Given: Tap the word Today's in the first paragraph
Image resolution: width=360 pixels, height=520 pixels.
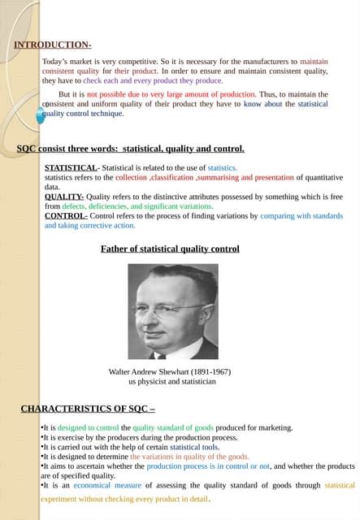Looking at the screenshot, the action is pyautogui.click(x=58, y=61).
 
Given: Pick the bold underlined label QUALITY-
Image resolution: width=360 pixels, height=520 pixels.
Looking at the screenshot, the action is pyautogui.click(x=64, y=197).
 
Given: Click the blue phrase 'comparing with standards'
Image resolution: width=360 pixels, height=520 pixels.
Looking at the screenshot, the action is pyautogui.click(x=301, y=216).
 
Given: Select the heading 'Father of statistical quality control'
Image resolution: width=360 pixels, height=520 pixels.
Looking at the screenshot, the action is pyautogui.click(x=170, y=249).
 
